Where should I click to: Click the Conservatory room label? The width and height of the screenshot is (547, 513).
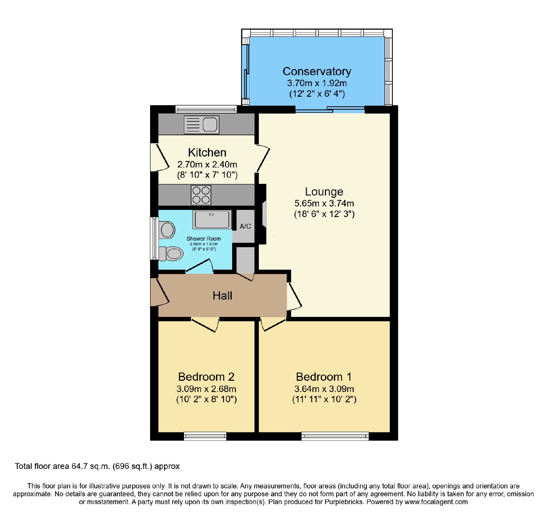coord(317,71)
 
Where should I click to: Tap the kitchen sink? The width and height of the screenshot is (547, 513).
coord(201,125)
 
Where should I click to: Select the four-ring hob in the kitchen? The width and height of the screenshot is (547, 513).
coord(201,195)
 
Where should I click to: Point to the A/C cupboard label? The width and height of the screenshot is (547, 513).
coord(245,226)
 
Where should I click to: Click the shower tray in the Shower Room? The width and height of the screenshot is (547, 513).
coord(212,219)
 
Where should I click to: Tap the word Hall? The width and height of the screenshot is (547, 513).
coord(222,296)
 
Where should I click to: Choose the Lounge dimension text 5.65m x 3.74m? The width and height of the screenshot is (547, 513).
coord(324,203)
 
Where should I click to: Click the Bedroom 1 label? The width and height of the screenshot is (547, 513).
coord(324,377)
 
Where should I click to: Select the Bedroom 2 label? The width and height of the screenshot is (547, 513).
coord(206,377)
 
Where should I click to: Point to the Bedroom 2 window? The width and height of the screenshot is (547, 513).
coord(205,436)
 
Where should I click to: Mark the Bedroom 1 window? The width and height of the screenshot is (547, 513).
coord(335,436)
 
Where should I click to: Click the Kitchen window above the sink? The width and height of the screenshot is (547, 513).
coord(206,109)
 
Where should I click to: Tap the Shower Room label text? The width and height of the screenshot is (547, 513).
coord(204,239)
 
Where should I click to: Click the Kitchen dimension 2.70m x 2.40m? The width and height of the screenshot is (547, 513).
coord(207,164)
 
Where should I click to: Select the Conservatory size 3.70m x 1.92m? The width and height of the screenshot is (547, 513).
coord(317,83)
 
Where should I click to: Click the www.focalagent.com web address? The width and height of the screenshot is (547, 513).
coord(436,502)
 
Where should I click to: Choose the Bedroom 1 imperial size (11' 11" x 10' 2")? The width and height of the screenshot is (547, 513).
coord(324,399)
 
